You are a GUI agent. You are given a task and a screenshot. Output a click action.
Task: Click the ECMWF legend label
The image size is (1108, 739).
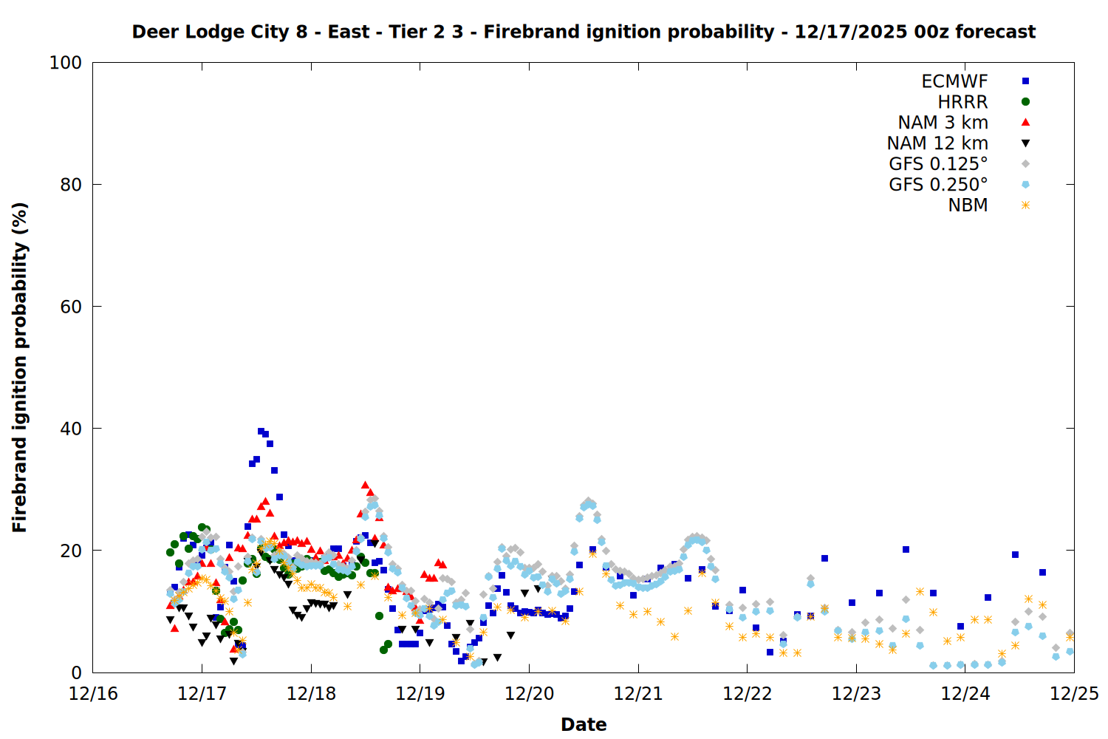[x=954, y=81]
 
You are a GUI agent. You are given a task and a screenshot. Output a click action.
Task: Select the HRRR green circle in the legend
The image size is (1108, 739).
[x=1025, y=102]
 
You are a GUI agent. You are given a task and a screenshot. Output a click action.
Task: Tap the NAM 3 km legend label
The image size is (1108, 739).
[x=943, y=123]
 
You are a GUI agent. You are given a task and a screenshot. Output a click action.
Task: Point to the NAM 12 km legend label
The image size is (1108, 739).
[x=937, y=143]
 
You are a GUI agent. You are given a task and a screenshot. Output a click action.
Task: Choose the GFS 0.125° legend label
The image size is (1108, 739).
[x=938, y=164]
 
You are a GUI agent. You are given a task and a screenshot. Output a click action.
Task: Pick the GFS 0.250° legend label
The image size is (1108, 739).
[x=938, y=185]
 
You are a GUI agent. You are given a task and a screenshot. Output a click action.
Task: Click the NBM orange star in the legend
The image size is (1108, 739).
[x=1025, y=205]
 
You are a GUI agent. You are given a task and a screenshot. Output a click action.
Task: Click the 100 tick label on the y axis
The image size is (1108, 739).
[x=66, y=63]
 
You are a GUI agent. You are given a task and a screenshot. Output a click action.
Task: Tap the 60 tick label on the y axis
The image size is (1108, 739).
[x=71, y=307]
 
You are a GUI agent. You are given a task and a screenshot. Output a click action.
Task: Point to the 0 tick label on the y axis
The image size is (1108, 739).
[x=76, y=672]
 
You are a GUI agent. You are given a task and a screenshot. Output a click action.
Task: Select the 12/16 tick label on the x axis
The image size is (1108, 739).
[x=93, y=694]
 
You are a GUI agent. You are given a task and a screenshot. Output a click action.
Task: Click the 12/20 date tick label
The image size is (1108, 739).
[x=529, y=694]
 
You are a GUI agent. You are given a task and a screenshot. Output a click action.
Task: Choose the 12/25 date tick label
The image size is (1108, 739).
[x=1074, y=694]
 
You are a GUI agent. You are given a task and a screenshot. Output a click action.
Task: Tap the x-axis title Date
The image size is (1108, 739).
[x=584, y=724]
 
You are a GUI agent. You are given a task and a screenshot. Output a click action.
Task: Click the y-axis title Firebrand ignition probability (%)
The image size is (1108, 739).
[x=20, y=367]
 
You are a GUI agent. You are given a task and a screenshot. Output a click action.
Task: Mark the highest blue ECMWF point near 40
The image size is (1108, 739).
[x=261, y=431]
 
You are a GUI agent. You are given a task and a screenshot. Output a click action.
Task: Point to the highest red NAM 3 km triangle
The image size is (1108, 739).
[x=365, y=485]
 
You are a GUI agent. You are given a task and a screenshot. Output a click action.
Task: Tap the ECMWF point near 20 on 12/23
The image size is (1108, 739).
[x=906, y=549]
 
